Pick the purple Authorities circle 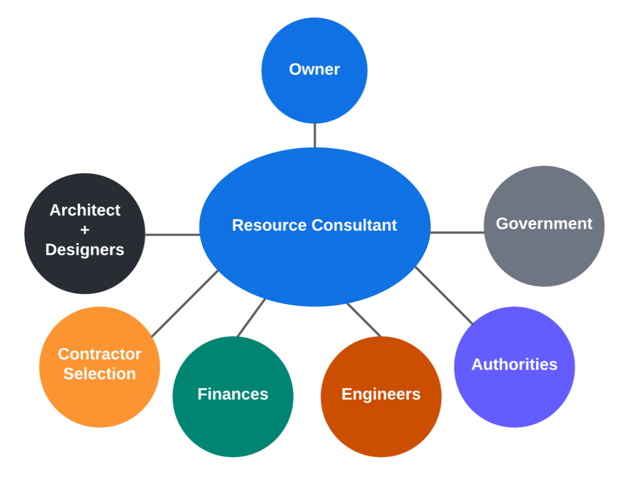[x=514, y=394]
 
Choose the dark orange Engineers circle [x=381, y=423]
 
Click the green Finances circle [x=233, y=423]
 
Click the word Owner [x=314, y=69]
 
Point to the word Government [x=544, y=224]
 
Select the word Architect [x=85, y=210]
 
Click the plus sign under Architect [x=85, y=230]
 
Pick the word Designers [x=85, y=249]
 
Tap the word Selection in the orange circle [x=100, y=374]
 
